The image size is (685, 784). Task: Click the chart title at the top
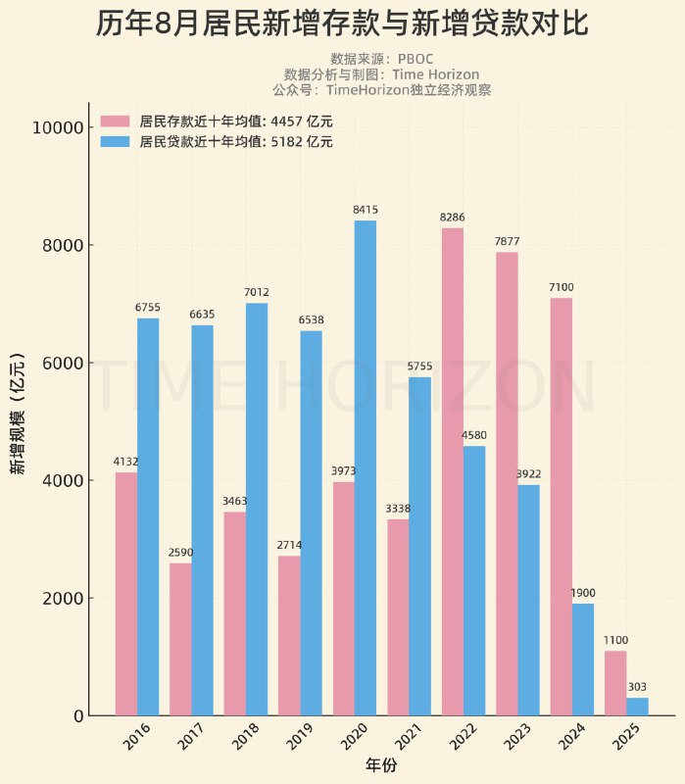point(342,24)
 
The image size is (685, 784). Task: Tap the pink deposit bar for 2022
point(452,471)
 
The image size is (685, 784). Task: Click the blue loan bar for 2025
point(637,706)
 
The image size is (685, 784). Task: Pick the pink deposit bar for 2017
point(180,639)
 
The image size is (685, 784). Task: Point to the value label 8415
point(366,210)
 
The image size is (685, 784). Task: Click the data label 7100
point(562,287)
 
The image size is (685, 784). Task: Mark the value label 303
point(637,687)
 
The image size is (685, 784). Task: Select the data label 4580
point(474,435)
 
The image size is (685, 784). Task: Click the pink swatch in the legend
point(115,122)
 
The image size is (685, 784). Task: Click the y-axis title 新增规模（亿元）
point(18,413)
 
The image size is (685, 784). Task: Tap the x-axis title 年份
point(381,763)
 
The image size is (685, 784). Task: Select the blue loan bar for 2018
point(257,509)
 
